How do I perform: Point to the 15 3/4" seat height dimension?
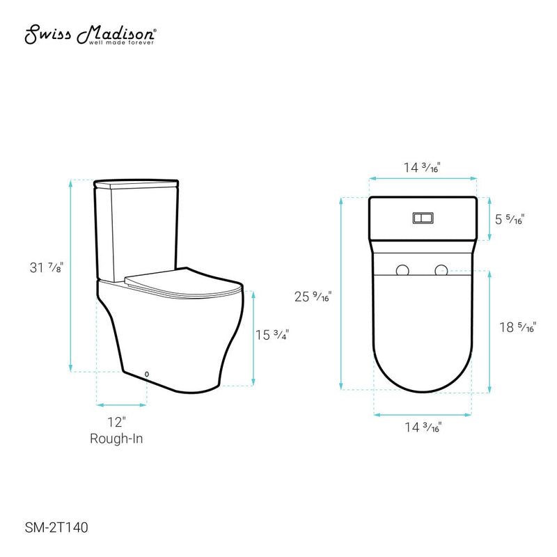272,334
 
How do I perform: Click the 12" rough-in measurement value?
116,422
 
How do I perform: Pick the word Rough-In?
116,438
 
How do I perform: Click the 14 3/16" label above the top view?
422,167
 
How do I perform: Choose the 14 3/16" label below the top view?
422,427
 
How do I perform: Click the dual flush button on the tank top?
422,218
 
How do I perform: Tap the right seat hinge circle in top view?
441,270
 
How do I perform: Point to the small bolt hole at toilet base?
146,375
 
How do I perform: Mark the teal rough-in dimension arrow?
122,404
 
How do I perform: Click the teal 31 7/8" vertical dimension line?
70,275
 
